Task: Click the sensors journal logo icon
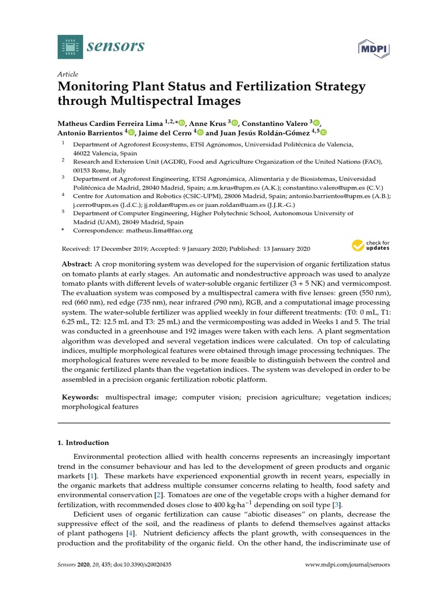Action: pyautogui.click(x=71, y=46)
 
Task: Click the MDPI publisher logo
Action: pyautogui.click(x=373, y=48)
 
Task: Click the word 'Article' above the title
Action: pyautogui.click(x=67, y=75)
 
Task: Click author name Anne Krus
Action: pyautogui.click(x=208, y=123)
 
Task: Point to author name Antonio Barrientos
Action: pyautogui.click(x=89, y=133)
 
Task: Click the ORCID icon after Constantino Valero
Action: pyautogui.click(x=316, y=123)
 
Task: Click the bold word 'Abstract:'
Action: pyautogui.click(x=77, y=264)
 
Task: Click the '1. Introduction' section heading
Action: pyautogui.click(x=85, y=443)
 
